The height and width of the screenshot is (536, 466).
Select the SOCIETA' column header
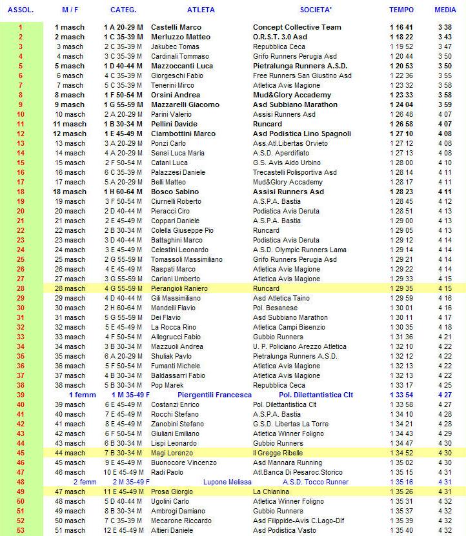pyautogui.click(x=316, y=10)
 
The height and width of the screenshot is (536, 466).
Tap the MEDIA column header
pyautogui.click(x=445, y=10)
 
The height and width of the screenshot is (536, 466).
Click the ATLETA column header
pyautogui.click(x=201, y=10)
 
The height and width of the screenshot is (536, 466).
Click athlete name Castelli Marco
pyautogui.click(x=176, y=27)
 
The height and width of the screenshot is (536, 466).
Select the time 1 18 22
pyautogui.click(x=401, y=37)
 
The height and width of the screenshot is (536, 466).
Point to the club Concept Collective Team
pyautogui.click(x=297, y=27)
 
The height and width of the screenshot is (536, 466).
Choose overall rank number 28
pyautogui.click(x=20, y=288)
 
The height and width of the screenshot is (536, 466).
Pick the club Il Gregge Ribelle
pyautogui.click(x=281, y=453)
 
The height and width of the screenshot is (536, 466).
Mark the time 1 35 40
pyautogui.click(x=401, y=530)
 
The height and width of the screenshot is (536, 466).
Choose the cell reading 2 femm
pyautogui.click(x=85, y=482)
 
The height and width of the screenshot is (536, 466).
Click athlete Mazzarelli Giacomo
pyautogui.click(x=185, y=104)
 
